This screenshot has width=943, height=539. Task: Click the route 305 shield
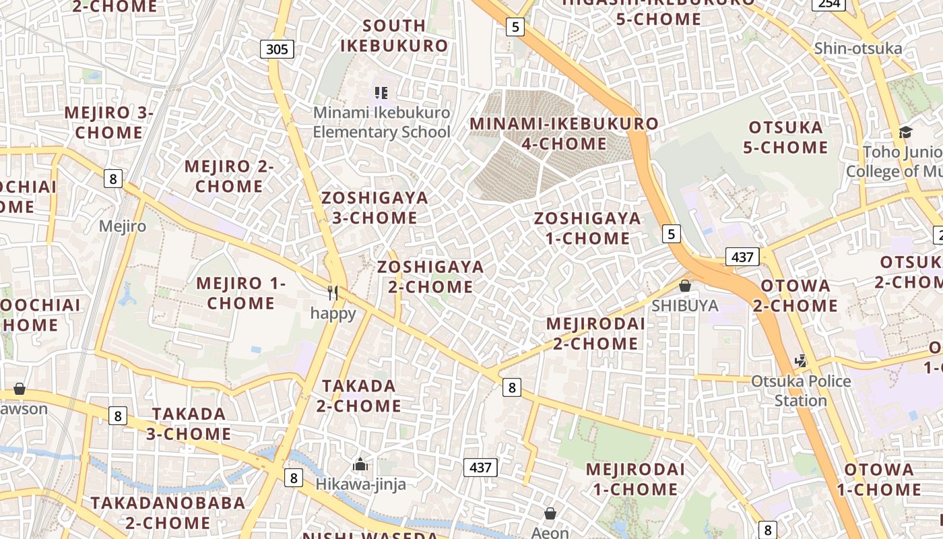[x=277, y=49]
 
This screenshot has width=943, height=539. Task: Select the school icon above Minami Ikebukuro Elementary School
[x=381, y=92]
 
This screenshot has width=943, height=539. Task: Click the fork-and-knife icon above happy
[x=332, y=292]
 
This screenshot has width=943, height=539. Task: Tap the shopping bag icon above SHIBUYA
[x=685, y=286]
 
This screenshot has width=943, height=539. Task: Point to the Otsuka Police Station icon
[x=800, y=361]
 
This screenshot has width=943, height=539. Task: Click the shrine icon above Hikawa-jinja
[x=360, y=464]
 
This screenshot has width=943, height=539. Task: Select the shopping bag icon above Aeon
[x=550, y=513]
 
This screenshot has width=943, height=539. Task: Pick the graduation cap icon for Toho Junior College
[x=905, y=132]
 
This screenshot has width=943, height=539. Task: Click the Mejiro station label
[x=122, y=226]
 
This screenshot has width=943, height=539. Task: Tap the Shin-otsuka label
[x=857, y=49]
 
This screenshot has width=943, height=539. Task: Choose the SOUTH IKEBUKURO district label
[x=394, y=36]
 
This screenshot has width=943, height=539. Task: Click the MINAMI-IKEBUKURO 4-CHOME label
[x=564, y=133]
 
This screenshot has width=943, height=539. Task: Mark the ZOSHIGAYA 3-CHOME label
[x=375, y=208]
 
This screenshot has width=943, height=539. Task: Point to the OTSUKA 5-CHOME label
[x=785, y=137]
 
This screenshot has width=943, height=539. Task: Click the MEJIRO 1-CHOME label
[x=241, y=293]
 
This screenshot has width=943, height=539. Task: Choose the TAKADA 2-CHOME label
[x=359, y=395]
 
